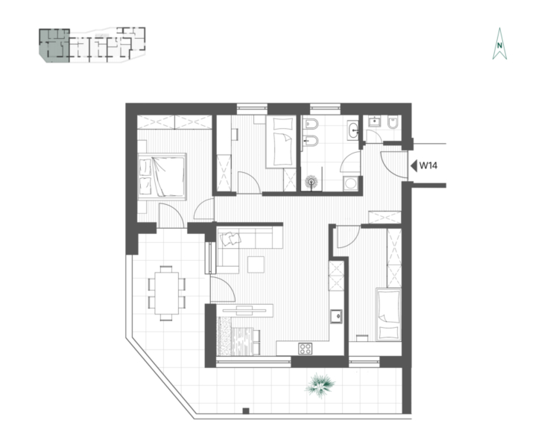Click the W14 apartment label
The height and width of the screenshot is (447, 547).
428,165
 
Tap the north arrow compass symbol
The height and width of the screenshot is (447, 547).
499,44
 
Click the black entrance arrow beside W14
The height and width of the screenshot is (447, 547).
414,165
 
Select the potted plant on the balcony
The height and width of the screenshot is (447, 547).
320,384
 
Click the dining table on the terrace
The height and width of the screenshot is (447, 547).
167,293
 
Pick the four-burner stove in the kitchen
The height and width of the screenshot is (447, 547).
306,349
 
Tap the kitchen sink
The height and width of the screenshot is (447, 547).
336,316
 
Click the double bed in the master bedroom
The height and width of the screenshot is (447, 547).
162,177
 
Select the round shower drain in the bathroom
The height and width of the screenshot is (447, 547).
312,182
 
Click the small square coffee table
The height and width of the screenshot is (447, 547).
256,264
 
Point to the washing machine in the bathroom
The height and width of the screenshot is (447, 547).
350,183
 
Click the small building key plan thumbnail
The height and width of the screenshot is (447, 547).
92,45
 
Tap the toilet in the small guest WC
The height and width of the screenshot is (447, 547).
393,122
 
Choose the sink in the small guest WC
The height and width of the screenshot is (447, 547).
375,121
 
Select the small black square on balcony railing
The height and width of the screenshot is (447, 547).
246,410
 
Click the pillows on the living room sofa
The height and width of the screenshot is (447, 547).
230,238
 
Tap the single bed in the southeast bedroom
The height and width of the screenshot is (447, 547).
388,314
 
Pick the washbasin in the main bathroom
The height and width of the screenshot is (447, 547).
353,131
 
